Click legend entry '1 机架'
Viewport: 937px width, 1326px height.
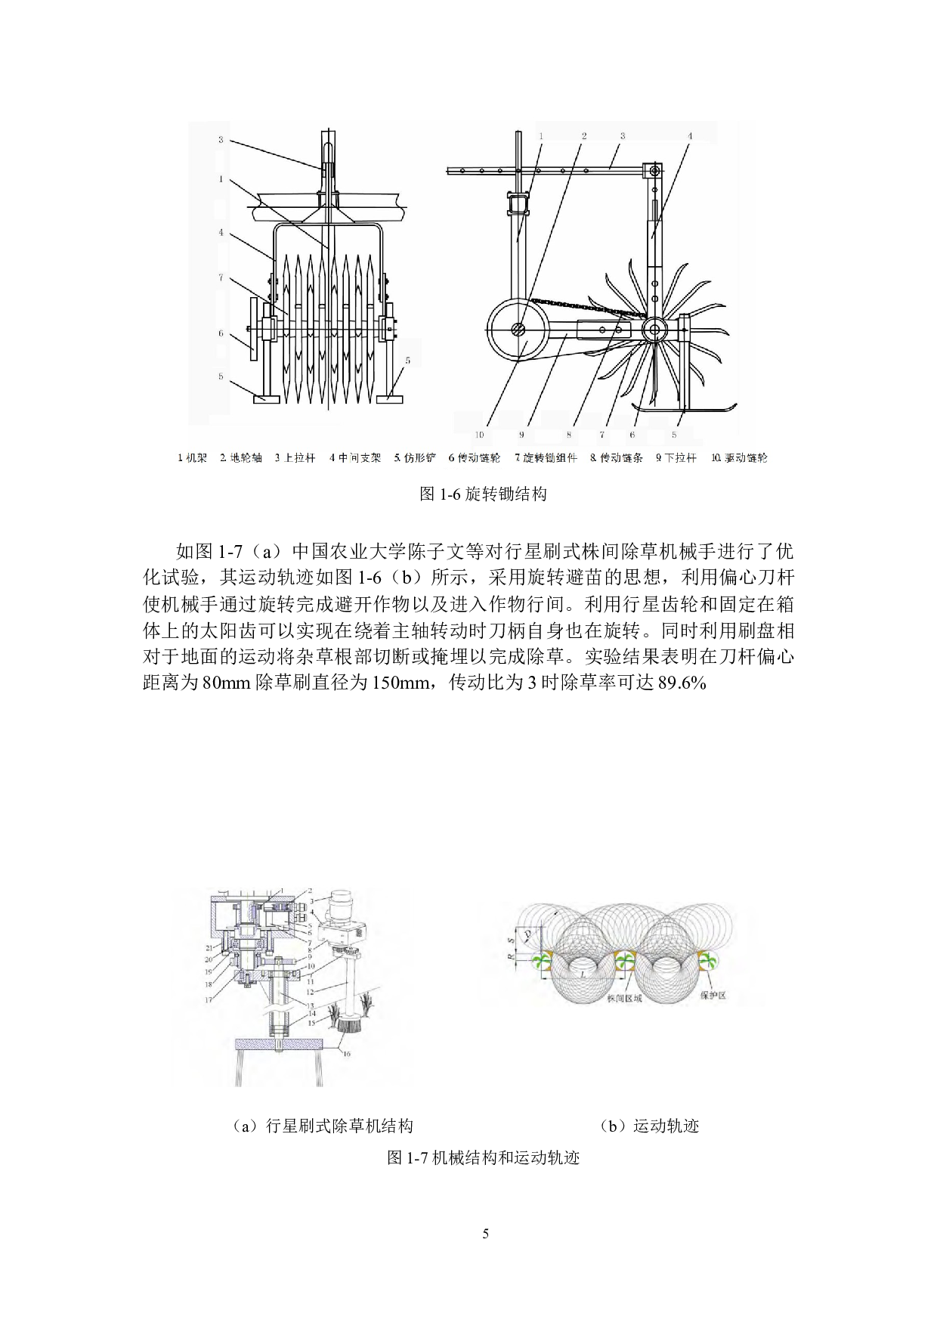[192, 458]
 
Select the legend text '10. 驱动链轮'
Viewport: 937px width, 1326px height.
[740, 458]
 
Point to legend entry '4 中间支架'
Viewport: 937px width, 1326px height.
[355, 458]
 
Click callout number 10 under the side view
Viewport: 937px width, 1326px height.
[479, 435]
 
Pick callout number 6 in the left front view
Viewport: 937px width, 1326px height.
[221, 333]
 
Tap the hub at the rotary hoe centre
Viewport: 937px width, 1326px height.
[654, 330]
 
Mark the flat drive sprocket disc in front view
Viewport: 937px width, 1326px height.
[253, 329]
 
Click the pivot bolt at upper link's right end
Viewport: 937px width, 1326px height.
[654, 171]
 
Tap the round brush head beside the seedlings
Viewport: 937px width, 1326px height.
[349, 1022]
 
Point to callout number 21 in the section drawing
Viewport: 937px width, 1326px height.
[209, 946]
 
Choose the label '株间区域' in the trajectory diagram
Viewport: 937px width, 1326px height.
[624, 998]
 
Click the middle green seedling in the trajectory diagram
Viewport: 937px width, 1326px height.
[624, 962]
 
